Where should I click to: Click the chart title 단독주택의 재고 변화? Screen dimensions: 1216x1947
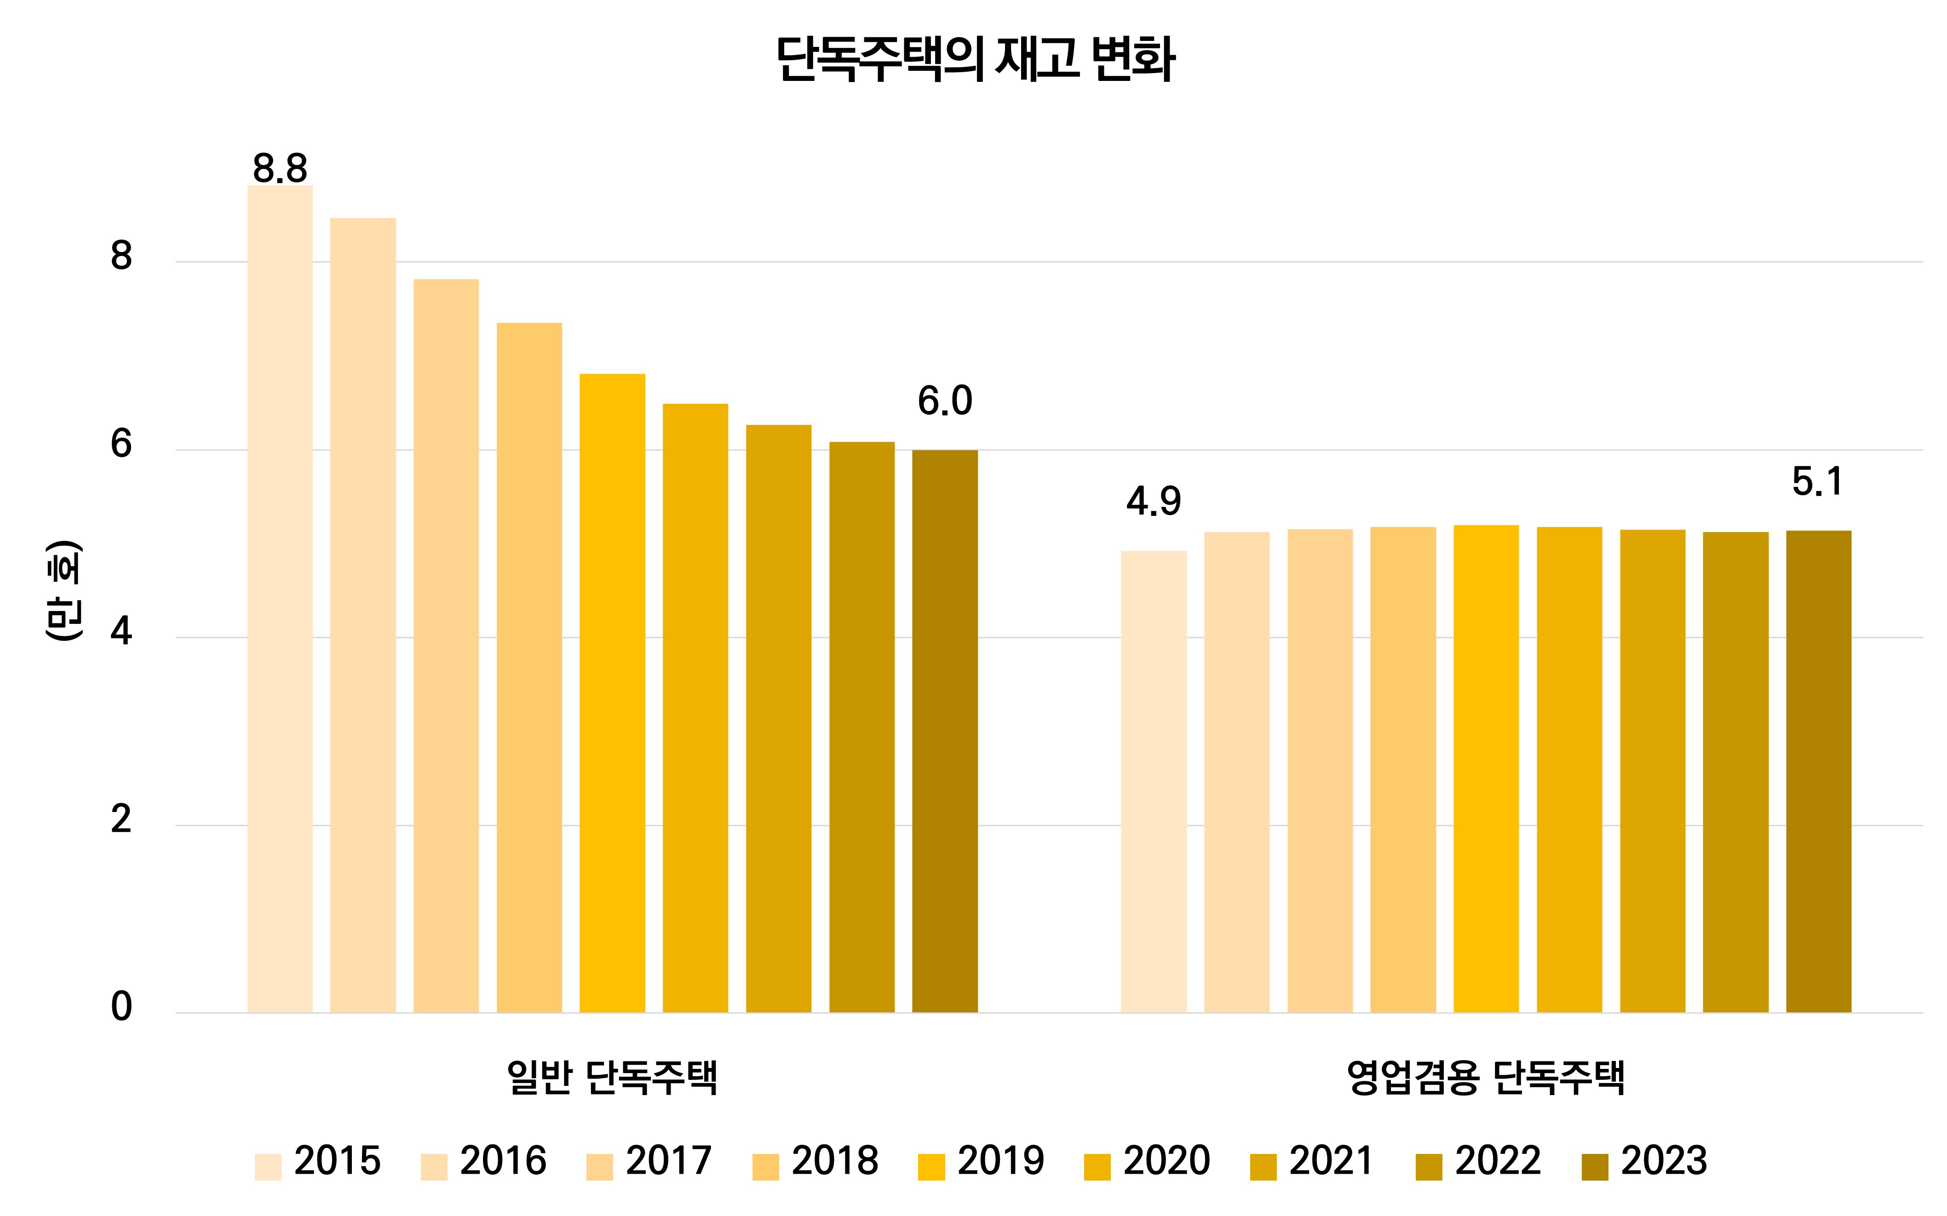tap(975, 59)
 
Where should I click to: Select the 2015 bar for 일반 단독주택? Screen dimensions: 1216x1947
tap(280, 599)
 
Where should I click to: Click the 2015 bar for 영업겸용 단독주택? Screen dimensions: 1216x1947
tap(1153, 781)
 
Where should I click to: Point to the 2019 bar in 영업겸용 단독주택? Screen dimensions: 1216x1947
tap(1486, 768)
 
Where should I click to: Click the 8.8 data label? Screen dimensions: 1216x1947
tap(280, 169)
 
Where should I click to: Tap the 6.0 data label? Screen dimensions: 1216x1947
tap(945, 401)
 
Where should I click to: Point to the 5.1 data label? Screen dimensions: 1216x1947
tap(1817, 482)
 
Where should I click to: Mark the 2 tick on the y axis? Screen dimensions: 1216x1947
tap(121, 820)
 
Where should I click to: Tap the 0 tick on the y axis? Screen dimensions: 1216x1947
tap(121, 1007)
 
